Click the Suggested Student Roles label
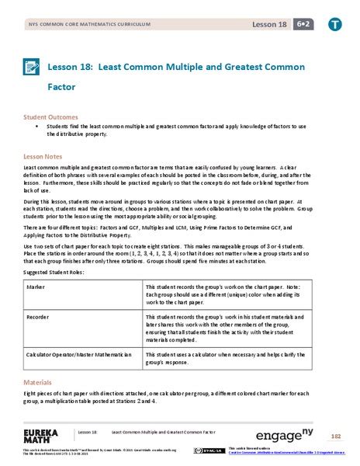[x=55, y=273]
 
